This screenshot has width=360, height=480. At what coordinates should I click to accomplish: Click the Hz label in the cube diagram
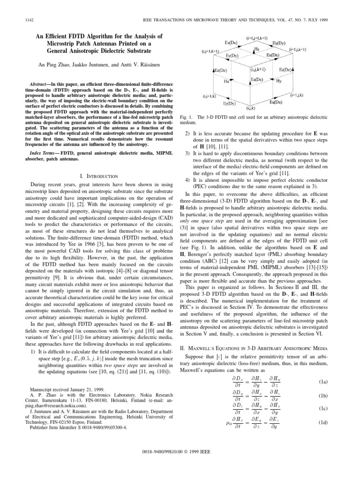(x=256, y=48)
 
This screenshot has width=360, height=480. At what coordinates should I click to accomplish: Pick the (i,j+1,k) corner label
(x=209, y=96)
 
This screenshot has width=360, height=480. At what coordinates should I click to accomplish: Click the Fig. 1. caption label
(x=186, y=116)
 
